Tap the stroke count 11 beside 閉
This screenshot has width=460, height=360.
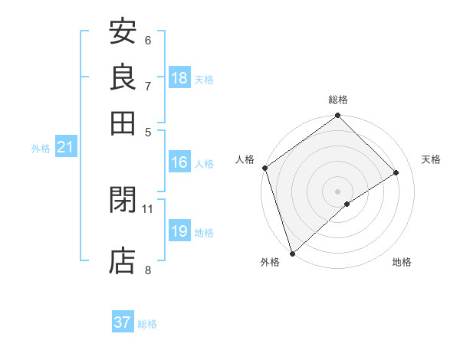pos(148,208)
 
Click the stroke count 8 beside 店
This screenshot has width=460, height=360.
pos(148,269)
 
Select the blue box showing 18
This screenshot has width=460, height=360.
pos(179,77)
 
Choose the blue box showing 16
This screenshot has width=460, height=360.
pos(179,162)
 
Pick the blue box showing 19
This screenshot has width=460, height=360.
pos(179,231)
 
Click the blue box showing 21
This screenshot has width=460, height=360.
pos(65,148)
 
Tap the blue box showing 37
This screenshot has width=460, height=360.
pos(123,322)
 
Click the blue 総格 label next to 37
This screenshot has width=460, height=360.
pos(147,324)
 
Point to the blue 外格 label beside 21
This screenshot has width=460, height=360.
pos(41,149)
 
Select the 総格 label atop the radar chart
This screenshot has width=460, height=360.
pos(338,100)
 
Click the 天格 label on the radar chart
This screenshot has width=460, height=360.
pos(431,159)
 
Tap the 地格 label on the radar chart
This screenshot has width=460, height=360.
pos(402,263)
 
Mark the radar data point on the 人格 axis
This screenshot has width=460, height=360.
pos(264,168)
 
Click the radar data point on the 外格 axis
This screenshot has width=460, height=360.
pos(292,253)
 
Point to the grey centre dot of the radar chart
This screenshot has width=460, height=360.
pos(337,191)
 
